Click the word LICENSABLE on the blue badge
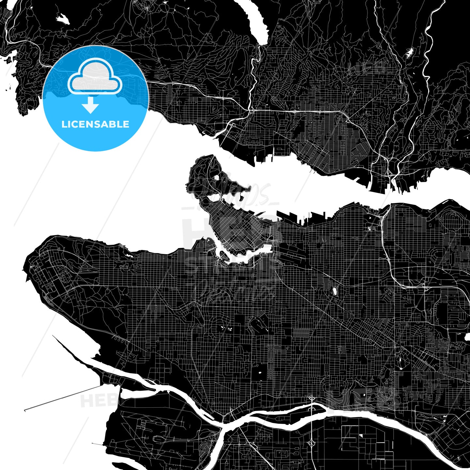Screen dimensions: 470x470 tap(95, 124)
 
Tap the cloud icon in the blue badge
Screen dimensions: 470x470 tap(95, 77)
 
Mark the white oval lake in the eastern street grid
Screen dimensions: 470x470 tap(335, 291)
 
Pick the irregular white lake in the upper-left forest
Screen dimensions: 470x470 tap(63, 19)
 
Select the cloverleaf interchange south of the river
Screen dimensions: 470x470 tap(312, 444)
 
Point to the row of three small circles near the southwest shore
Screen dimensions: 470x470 tap(121, 339)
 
